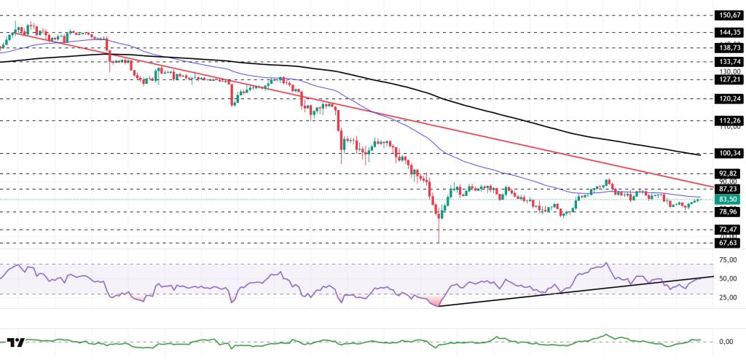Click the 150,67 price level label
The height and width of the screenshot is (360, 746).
tap(729, 14)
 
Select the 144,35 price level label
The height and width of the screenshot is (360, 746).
tap(729, 32)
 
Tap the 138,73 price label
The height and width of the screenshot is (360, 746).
tap(729, 47)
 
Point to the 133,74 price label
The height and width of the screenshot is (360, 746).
tap(729, 63)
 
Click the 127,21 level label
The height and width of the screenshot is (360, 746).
tap(729, 80)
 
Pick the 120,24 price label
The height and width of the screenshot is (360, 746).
tap(729, 98)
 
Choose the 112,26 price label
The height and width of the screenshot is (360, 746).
tap(729, 120)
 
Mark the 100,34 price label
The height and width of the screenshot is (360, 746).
tap(729, 153)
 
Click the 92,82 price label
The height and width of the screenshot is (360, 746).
tap(729, 173)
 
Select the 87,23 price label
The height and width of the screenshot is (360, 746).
tap(729, 189)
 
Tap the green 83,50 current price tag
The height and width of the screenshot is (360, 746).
tap(729, 200)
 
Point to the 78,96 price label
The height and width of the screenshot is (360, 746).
tap(729, 212)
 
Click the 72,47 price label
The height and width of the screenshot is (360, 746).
tap(729, 230)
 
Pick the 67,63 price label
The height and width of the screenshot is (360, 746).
tap(729, 243)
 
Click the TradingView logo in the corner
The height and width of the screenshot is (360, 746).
tap(17, 342)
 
